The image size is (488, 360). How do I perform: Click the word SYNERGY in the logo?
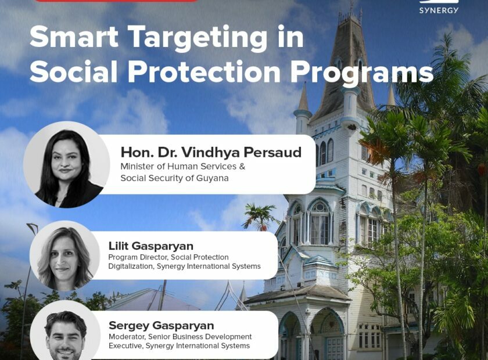tap(439, 10)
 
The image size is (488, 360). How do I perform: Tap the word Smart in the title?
tap(74, 37)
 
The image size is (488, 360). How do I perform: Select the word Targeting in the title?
tap(198, 38)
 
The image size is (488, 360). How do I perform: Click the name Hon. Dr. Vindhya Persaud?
tap(211, 152)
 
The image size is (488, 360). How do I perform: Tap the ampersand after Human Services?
tap(242, 167)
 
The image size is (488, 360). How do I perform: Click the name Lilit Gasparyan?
tap(151, 246)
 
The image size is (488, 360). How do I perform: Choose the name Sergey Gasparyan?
tap(162, 326)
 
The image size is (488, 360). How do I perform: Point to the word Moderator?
tap(127, 337)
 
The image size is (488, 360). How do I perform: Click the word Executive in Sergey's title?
tap(125, 345)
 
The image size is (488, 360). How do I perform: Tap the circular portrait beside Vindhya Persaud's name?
tap(67, 164)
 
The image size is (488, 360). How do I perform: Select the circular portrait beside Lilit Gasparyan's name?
tap(64, 255)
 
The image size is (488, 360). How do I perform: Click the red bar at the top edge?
tap(116, 1)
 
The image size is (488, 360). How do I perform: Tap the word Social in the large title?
tap(74, 71)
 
